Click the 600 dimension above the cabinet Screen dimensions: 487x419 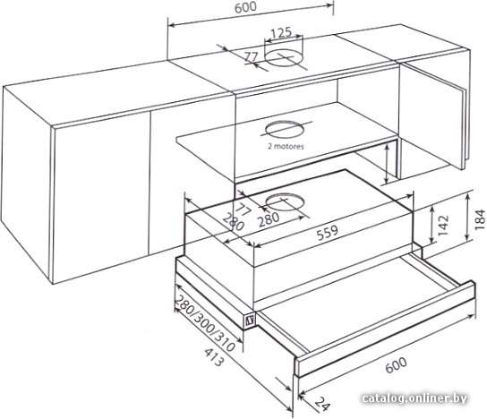tap(245, 7)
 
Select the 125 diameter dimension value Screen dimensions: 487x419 tap(281, 33)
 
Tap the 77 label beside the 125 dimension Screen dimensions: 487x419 tap(251, 56)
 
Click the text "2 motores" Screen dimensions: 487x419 tap(286, 146)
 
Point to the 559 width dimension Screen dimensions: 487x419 tap(327, 232)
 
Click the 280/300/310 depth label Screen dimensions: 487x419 tap(205, 323)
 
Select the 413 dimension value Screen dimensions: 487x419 tap(214, 357)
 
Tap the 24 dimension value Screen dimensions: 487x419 tap(322, 404)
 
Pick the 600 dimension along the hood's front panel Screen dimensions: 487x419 tap(396, 365)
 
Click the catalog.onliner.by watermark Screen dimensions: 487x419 tap(414, 398)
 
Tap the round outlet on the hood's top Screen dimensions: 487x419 tap(285, 202)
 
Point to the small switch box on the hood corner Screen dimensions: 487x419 tap(250, 320)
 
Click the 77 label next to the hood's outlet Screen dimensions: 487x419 tap(244, 209)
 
